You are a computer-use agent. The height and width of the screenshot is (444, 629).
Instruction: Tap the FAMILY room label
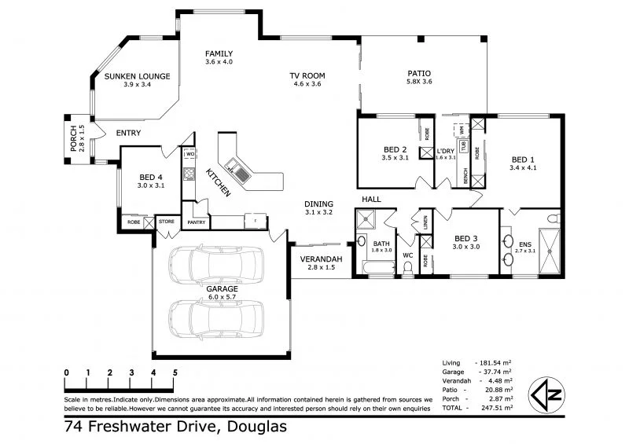click(219, 53)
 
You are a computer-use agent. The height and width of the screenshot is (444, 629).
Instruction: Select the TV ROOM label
click(308, 76)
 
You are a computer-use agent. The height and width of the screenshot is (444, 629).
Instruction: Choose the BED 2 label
click(395, 149)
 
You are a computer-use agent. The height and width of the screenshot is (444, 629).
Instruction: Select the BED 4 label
click(149, 177)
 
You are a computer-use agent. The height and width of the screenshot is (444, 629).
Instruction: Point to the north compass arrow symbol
click(548, 393)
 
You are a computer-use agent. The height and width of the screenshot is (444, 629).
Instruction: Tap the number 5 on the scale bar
click(175, 372)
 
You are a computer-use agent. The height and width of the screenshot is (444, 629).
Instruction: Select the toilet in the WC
click(407, 269)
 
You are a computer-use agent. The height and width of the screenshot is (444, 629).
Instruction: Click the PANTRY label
click(196, 222)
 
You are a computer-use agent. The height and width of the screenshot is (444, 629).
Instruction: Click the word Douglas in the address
click(256, 427)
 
